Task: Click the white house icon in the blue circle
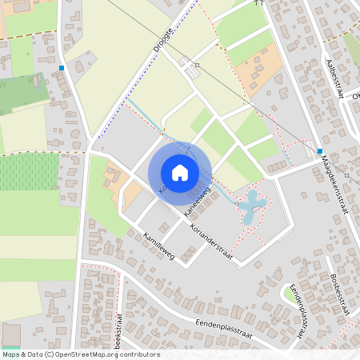click(180, 173)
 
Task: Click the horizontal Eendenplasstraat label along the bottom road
click(223, 330)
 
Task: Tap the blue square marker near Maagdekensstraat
click(319, 151)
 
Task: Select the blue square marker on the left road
click(62, 68)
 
